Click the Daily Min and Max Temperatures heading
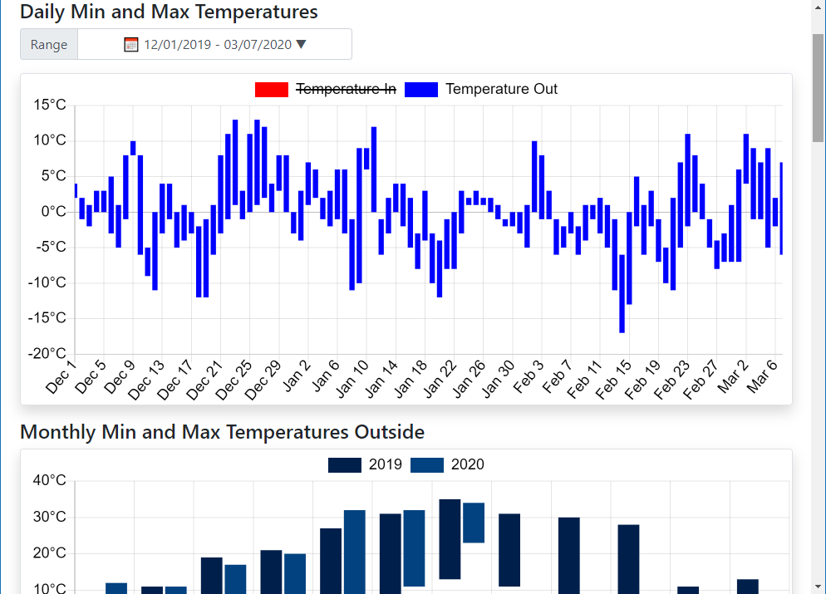[x=169, y=12]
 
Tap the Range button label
[x=49, y=45]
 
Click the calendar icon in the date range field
[x=131, y=45]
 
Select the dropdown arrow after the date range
[x=301, y=45]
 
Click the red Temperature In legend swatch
[x=272, y=90]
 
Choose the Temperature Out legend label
[x=501, y=90]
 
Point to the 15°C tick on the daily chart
[x=49, y=105]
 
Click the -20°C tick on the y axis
[x=47, y=354]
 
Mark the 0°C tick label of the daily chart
[x=52, y=212]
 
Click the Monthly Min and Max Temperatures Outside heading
[x=222, y=432]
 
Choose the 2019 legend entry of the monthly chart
[x=366, y=465]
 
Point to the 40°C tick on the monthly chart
[x=49, y=480]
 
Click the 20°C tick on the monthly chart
[x=49, y=553]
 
